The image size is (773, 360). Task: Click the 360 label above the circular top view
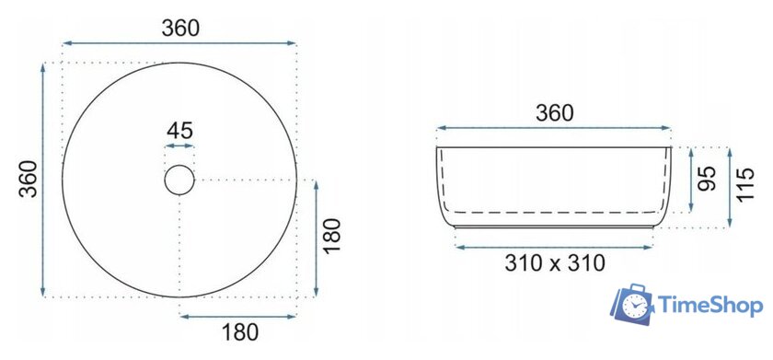click(180, 29)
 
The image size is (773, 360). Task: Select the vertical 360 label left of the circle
click(29, 179)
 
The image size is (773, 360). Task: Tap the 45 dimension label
click(179, 131)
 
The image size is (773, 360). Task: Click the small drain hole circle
click(179, 180)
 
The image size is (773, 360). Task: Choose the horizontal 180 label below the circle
click(239, 332)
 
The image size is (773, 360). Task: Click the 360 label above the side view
click(555, 113)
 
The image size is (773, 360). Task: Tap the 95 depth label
click(706, 179)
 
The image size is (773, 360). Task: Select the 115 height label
click(745, 184)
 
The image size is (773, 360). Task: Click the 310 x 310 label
click(555, 263)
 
